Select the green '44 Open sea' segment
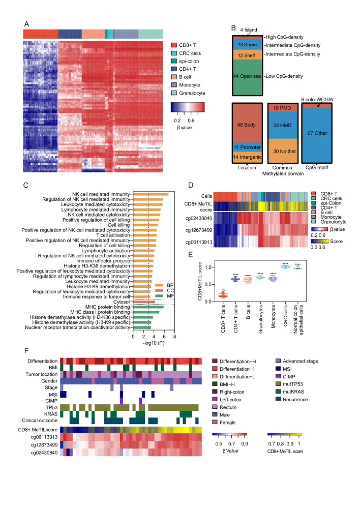click(247, 76)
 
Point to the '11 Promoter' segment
click(247, 147)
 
